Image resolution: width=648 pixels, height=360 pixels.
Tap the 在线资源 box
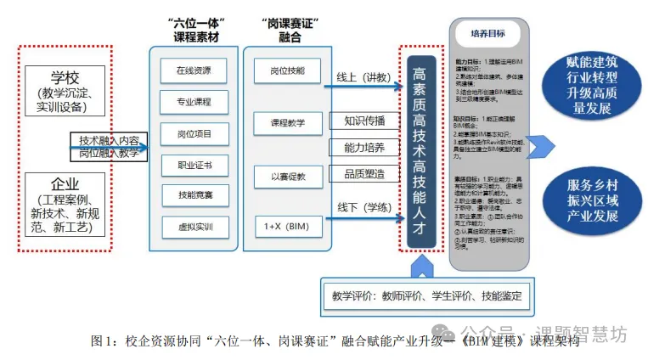point(194,70)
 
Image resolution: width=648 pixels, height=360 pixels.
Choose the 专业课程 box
point(194,102)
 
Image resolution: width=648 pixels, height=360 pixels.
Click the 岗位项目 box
point(194,133)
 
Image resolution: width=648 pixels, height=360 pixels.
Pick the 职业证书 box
point(194,165)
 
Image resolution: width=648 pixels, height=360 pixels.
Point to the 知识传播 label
point(364,121)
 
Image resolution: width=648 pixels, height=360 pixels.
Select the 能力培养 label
point(364,147)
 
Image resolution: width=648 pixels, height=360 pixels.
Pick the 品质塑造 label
point(364,174)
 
